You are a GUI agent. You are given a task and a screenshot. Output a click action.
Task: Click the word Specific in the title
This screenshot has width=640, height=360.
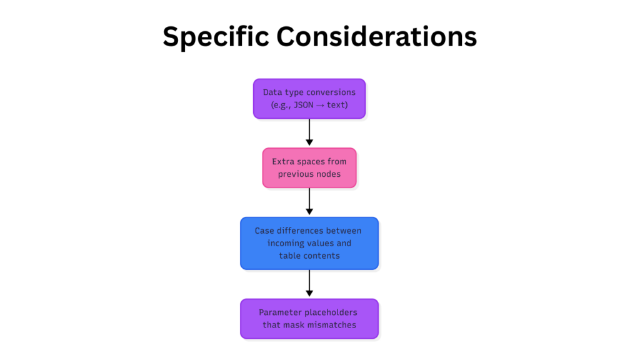tap(211, 37)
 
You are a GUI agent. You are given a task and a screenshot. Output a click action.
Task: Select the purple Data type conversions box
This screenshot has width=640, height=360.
tap(309, 98)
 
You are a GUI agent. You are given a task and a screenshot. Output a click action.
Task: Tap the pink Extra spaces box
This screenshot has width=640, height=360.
tap(309, 167)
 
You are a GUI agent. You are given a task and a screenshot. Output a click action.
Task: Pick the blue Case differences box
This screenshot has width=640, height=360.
tap(309, 243)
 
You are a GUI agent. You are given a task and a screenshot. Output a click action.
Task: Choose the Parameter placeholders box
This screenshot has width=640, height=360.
tap(309, 319)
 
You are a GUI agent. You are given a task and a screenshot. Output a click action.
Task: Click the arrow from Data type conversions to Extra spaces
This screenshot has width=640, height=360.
tap(309, 132)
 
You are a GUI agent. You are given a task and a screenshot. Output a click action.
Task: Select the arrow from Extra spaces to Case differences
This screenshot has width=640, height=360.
tap(309, 202)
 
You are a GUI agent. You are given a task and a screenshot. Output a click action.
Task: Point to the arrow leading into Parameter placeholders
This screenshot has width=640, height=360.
tap(309, 284)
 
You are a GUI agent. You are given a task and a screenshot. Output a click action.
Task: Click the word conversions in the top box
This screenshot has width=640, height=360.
tap(331, 92)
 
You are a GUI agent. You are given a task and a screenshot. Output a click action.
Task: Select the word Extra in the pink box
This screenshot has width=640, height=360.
tap(282, 162)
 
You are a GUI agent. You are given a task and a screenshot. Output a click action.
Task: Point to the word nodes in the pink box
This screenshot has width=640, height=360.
tap(326, 174)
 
